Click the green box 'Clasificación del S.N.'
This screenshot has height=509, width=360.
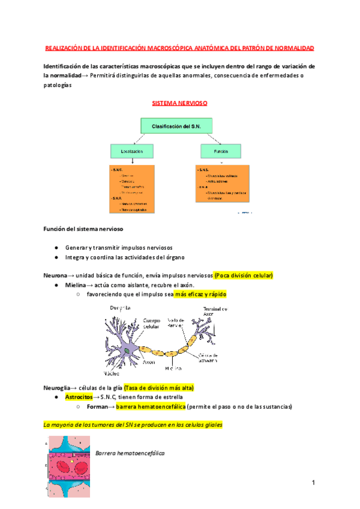click(x=179, y=126)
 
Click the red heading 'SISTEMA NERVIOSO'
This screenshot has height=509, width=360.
click(x=179, y=103)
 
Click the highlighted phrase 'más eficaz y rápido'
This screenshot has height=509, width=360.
click(x=201, y=295)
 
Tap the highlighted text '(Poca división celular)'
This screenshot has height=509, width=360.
click(x=244, y=275)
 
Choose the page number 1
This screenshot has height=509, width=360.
click(x=313, y=483)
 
